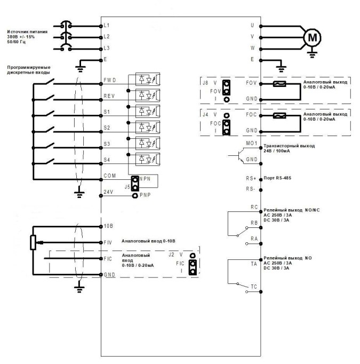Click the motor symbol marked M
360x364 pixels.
(313, 37)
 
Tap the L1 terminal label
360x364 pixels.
(107, 25)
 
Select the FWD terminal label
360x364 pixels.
(110, 81)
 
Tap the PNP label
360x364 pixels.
(146, 196)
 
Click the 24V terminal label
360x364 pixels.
(108, 192)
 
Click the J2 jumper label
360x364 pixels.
(171, 255)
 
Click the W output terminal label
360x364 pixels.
(252, 49)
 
